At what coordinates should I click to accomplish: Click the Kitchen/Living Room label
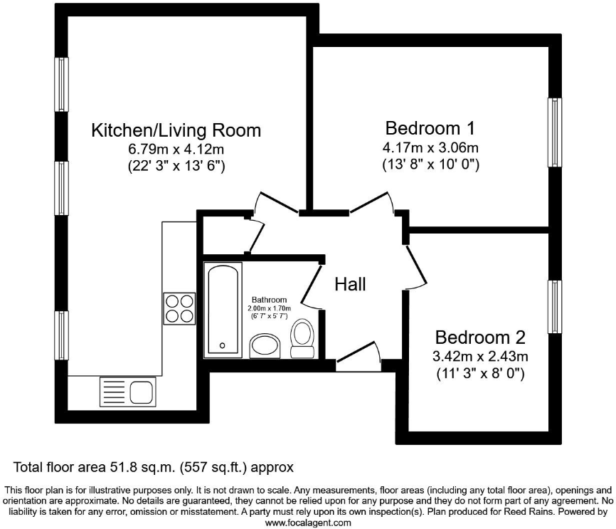(176, 130)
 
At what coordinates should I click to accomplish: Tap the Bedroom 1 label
(430, 128)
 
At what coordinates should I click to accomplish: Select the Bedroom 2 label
(480, 337)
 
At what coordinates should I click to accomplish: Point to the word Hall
(351, 284)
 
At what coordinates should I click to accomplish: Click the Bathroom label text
(269, 300)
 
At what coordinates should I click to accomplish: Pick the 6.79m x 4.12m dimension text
(176, 150)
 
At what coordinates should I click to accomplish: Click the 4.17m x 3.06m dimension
(430, 148)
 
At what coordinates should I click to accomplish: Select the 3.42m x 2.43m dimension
(480, 355)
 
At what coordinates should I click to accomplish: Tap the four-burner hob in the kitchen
(180, 308)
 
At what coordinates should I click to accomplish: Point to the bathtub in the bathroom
(223, 309)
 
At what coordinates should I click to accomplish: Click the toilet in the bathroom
(302, 338)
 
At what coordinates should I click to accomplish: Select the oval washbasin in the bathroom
(267, 346)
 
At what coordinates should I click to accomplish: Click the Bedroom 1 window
(553, 132)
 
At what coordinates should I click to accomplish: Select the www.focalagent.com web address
(308, 522)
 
